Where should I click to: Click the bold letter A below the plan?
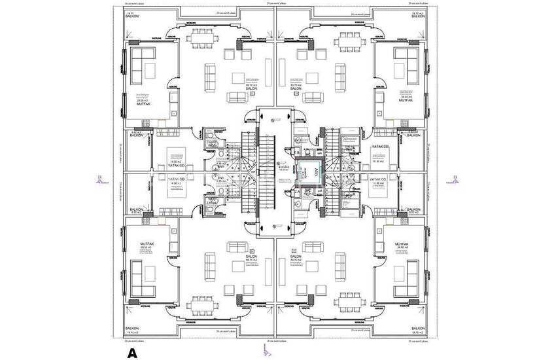pyautogui.click(x=132, y=353)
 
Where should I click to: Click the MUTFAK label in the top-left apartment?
pyautogui.click(x=145, y=104)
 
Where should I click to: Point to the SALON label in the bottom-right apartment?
pyautogui.click(x=305, y=257)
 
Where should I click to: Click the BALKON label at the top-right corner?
pyautogui.click(x=418, y=16)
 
